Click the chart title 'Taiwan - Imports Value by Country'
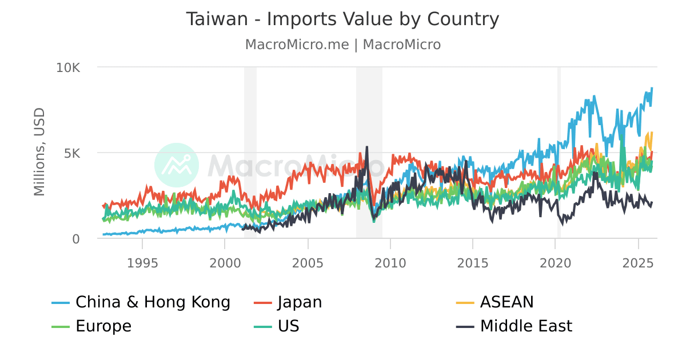342,19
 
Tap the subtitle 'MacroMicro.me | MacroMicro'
342,45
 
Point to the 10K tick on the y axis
68,67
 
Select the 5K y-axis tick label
73,153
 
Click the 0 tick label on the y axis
76,239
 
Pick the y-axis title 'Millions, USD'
39,151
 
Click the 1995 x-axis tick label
142,263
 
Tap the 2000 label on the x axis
225,263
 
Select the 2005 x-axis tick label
308,263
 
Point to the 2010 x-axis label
390,263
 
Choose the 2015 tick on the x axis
473,263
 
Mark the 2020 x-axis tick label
555,263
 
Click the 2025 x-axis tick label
638,263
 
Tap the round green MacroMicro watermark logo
177,165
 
